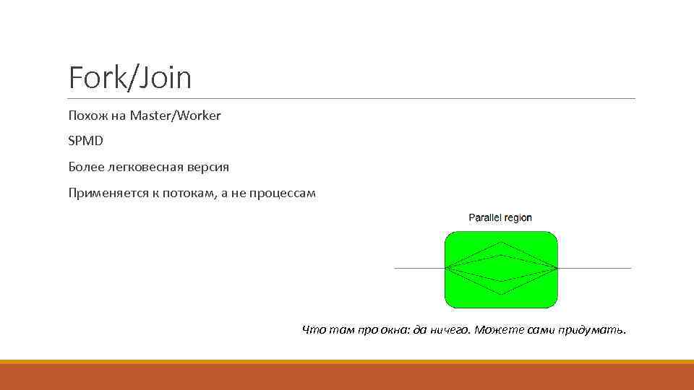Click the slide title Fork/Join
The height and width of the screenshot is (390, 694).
[130, 77]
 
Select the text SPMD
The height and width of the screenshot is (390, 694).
[86, 141]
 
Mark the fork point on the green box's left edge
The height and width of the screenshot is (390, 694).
[445, 268]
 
